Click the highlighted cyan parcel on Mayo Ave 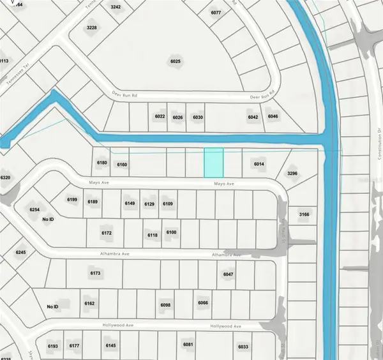[214, 163]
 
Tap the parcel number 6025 [176, 62]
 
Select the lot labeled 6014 [259, 165]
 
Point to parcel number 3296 [293, 173]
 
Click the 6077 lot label [215, 13]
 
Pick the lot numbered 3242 [116, 6]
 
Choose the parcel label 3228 [92, 27]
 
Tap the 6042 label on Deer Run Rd [253, 117]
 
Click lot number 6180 [102, 163]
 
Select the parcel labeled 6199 [72, 201]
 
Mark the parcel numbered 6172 [107, 234]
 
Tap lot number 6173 [96, 273]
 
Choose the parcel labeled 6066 [204, 303]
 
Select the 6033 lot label [243, 347]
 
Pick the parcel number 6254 [34, 209]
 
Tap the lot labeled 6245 [21, 253]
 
